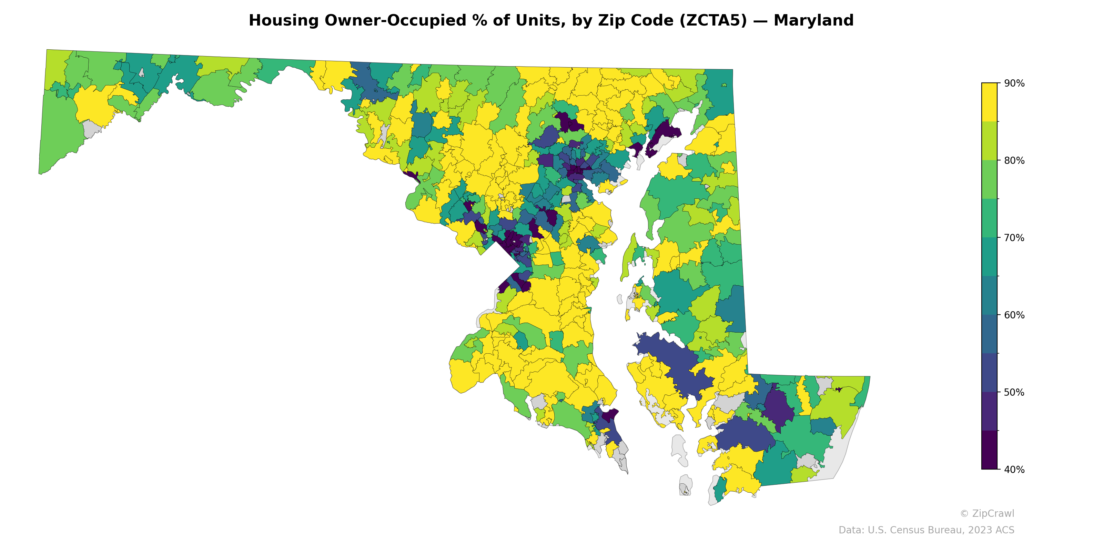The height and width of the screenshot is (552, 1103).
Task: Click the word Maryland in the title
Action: pos(813,21)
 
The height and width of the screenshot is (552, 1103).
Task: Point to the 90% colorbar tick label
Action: pos(1014,83)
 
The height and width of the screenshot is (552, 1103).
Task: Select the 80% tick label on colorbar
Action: pos(1014,161)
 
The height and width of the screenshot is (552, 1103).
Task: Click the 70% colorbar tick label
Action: pos(1014,238)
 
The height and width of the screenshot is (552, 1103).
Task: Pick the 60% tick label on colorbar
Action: pos(1014,315)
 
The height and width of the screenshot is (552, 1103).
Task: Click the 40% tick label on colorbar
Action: pos(1014,470)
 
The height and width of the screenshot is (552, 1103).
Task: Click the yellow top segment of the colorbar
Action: pos(989,102)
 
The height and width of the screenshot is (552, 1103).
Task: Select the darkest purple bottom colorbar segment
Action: pos(989,450)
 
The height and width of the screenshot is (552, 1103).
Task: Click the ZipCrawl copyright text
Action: pos(986,513)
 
